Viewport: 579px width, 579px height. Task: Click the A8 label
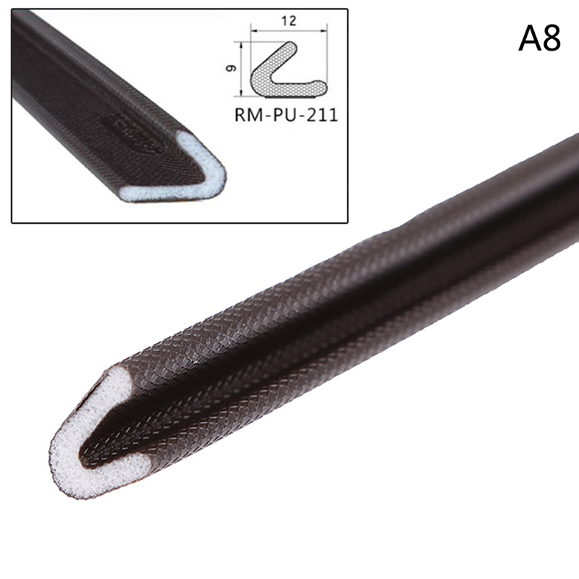539,38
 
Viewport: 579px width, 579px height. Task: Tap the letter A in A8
529,38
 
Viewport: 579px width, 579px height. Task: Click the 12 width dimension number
289,21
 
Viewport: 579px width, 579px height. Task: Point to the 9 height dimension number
231,68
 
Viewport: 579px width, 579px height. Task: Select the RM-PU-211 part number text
286,115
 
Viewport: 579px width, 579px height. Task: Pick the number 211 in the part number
322,115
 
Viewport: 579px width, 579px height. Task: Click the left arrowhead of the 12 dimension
253,31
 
